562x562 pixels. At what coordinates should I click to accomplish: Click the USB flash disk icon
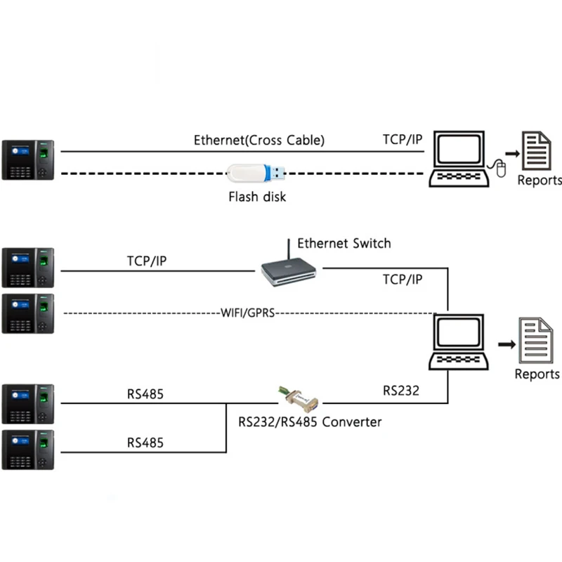click(x=257, y=173)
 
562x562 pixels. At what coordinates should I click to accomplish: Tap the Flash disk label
click(x=257, y=197)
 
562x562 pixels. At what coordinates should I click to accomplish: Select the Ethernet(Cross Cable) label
click(x=259, y=140)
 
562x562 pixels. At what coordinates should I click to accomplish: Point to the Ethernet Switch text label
click(x=344, y=244)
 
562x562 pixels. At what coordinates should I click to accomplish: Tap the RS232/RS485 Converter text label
click(x=310, y=422)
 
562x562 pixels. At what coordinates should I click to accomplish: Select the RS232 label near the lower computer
click(x=401, y=391)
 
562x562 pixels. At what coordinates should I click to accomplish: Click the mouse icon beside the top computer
click(x=499, y=169)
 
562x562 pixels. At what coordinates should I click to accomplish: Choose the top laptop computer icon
click(x=459, y=159)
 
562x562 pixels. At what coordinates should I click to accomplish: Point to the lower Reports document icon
click(x=537, y=340)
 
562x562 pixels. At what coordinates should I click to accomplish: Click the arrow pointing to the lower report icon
click(x=505, y=344)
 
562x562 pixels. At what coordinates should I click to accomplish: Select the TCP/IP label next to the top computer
click(x=403, y=139)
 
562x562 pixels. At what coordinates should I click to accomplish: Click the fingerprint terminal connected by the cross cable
click(x=28, y=159)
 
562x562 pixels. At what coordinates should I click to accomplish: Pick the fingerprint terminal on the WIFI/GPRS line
click(x=28, y=313)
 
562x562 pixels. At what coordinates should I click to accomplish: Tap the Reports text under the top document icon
click(x=540, y=181)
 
